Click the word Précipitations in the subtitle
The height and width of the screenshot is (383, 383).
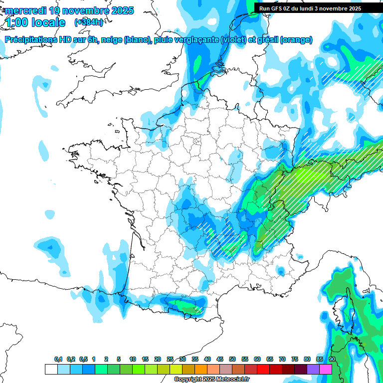pos(31,40)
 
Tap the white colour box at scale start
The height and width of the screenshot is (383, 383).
pos(51,369)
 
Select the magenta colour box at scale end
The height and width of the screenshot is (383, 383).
pos(326,369)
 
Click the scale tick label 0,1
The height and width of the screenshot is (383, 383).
pos(58,360)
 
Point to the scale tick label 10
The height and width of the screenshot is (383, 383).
pos(133,360)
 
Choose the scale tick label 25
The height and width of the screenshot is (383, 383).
pos(170,360)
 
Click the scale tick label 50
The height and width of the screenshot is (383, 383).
pos(232,360)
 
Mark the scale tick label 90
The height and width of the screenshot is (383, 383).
pos(332,360)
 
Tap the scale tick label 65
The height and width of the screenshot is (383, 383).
pos(270,360)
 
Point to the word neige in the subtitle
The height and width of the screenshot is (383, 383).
pos(111,40)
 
